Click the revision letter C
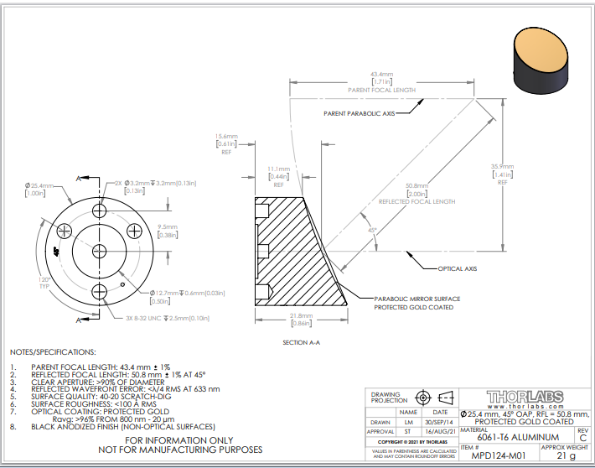click(582, 437)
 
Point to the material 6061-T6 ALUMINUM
click(513, 437)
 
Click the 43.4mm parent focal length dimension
click(381, 74)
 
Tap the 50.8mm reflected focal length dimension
click(416, 185)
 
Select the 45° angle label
click(370, 230)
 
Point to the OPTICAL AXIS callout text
click(458, 269)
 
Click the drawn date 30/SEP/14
click(439, 422)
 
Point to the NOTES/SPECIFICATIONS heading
click(53, 352)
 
